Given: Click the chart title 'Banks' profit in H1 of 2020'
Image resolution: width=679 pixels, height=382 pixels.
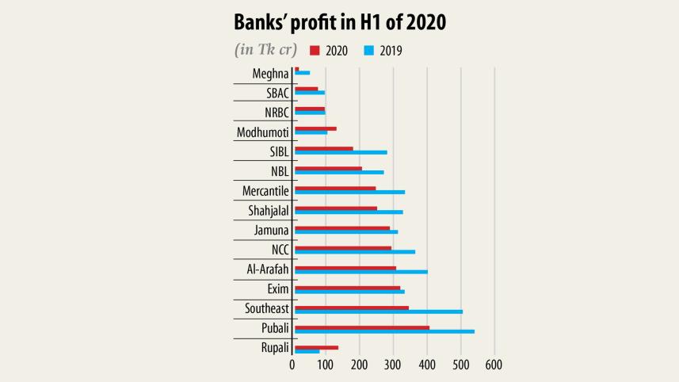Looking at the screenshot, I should [339, 22].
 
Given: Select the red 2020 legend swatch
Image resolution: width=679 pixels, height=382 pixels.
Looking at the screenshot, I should [315, 50].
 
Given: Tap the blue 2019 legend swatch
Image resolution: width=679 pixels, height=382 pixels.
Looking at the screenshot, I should [368, 50].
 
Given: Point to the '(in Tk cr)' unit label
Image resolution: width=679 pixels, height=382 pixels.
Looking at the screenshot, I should [265, 50].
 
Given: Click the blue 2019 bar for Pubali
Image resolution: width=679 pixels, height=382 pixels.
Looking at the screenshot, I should [384, 331].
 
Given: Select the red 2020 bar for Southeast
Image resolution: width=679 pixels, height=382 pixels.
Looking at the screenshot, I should [352, 308].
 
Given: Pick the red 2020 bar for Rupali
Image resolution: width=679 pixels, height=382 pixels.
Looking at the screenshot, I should [316, 347].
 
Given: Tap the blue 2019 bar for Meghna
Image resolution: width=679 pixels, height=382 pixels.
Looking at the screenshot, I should [302, 73].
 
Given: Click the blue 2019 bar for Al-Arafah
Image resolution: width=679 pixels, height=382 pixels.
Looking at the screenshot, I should [361, 272].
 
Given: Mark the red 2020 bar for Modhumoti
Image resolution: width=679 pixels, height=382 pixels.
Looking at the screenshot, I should [315, 128].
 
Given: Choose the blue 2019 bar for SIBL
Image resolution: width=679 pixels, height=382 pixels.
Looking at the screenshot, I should [341, 152].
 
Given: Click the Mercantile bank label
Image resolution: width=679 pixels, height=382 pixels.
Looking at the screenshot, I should [265, 191].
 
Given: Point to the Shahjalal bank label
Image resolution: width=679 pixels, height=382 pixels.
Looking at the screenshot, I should [266, 211].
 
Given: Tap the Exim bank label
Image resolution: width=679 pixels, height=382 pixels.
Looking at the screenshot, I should [277, 289].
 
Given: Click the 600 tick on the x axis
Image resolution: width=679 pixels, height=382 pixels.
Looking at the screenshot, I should [494, 365].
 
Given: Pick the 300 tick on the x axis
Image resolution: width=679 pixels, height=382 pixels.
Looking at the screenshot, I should [394, 365].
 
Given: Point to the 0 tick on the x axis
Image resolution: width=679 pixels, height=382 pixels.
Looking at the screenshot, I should [292, 365].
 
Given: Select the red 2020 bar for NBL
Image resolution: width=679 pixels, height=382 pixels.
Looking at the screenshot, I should [328, 168].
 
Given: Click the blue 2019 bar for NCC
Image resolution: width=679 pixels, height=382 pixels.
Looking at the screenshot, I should [355, 252].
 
